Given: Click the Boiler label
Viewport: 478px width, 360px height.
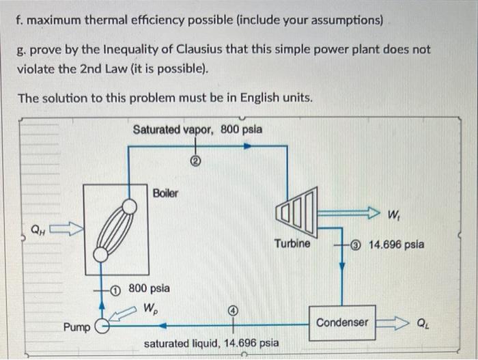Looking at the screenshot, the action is coord(165,193).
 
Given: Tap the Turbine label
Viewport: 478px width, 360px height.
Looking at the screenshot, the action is coord(292,243).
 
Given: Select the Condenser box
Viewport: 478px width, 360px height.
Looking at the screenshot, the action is coord(342,322).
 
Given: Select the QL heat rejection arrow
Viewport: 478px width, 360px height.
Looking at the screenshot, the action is coord(393,322).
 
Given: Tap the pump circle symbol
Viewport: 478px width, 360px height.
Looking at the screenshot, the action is coord(102,326).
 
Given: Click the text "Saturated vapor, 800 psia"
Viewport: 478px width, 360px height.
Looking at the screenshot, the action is coord(197,129).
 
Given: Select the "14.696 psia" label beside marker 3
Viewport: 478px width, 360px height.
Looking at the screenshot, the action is coord(396,243).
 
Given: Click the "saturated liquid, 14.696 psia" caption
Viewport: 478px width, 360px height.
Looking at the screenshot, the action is coord(210,342).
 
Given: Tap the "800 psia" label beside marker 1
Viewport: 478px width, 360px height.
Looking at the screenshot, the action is coord(150,288).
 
